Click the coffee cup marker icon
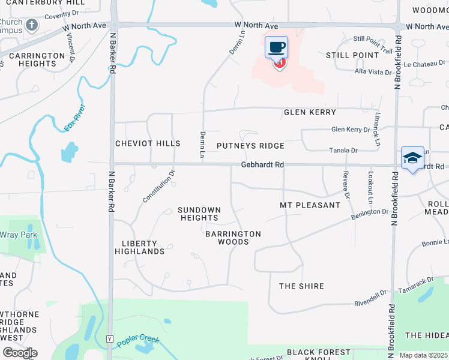[276, 47]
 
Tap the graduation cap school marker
[412, 158]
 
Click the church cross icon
[32, 25]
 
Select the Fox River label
[75, 118]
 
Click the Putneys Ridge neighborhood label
[250, 146]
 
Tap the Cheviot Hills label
[148, 143]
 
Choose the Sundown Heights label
[199, 214]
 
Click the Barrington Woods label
[233, 238]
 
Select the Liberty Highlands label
[143, 247]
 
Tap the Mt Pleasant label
[310, 205]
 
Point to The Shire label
[301, 286]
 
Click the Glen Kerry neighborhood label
[310, 112]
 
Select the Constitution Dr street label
[158, 186]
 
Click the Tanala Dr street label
[344, 151]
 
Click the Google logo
[20, 352]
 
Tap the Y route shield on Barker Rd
[109, 339]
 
